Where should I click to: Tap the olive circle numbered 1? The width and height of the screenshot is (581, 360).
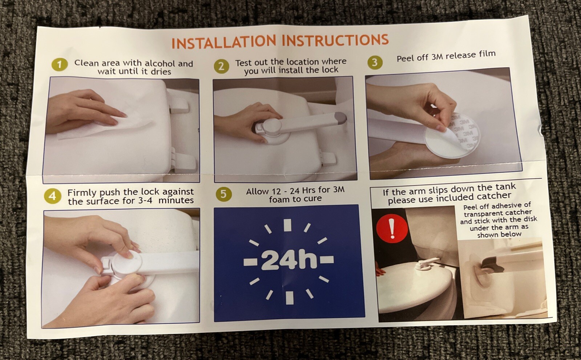pyautogui.click(x=60, y=64)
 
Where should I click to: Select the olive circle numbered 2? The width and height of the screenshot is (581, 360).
pyautogui.click(x=222, y=66)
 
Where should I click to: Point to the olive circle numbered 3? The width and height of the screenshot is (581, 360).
pyautogui.click(x=375, y=63)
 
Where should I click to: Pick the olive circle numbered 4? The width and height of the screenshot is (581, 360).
pyautogui.click(x=53, y=196)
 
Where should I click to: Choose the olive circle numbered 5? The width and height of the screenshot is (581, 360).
pyautogui.click(x=223, y=194)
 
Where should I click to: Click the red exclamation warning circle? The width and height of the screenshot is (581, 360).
pyautogui.click(x=392, y=228)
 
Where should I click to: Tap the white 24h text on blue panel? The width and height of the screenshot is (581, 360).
pyautogui.click(x=289, y=260)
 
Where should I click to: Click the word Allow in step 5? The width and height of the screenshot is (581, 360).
pyautogui.click(x=257, y=191)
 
